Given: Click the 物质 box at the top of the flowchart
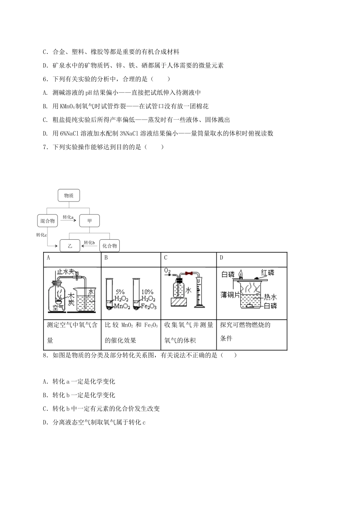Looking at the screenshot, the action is coord(69,196).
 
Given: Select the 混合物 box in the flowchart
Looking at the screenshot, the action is coord(47,221).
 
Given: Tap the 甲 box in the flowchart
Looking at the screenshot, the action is coord(89,221).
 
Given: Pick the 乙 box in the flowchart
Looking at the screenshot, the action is coord(70,246).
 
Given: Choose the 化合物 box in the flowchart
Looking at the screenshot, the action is coord(110,246).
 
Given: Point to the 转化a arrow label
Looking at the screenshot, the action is coord(68,217).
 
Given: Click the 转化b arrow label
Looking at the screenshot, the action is coord(89,242).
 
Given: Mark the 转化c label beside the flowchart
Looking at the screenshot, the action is coord(41,235).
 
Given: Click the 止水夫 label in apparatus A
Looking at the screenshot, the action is coord(67,272).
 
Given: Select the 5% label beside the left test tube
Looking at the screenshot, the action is coord(120,292).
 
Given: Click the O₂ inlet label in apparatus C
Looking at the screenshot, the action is coord(167,271).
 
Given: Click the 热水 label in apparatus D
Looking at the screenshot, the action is coord(270,297).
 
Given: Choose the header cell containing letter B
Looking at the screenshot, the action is coord(106,258).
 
